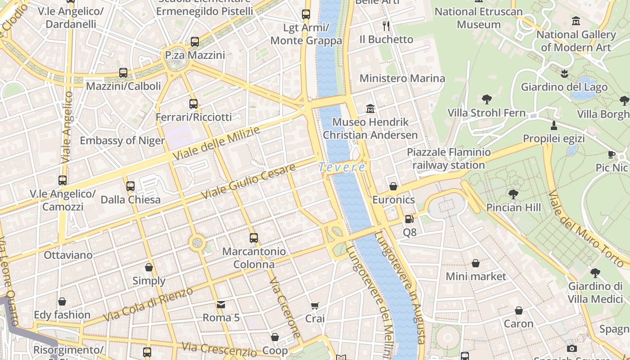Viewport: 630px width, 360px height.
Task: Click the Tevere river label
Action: pos(342,167)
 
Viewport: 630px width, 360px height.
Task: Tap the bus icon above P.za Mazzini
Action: pos(195,42)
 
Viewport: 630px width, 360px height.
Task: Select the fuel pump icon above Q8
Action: pos(409,219)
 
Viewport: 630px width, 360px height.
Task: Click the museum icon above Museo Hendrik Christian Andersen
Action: pos(370,108)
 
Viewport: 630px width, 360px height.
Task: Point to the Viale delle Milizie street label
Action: pos(216,144)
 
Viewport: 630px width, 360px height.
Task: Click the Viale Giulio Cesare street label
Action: pos(248,181)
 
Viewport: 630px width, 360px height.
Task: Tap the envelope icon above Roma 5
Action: pos(220,305)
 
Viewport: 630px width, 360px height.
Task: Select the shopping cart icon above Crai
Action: pos(315,306)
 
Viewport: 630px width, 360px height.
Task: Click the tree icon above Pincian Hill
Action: pos(513,194)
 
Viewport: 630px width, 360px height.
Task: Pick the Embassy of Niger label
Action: pos(122,140)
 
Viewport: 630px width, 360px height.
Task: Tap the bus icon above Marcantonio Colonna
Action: pos(254,238)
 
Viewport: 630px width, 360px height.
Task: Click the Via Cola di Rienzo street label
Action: pos(148,304)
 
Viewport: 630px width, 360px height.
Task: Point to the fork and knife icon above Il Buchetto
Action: pos(386,26)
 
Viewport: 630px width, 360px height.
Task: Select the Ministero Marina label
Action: pos(402,78)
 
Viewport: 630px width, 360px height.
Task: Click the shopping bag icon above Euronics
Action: pos(393,186)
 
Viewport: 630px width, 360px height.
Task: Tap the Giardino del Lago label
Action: pos(564,87)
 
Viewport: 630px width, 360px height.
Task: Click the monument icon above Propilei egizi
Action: pos(554,125)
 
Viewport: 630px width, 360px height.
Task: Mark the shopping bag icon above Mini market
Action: pos(476,263)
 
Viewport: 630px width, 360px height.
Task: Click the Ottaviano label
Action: pos(68,255)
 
